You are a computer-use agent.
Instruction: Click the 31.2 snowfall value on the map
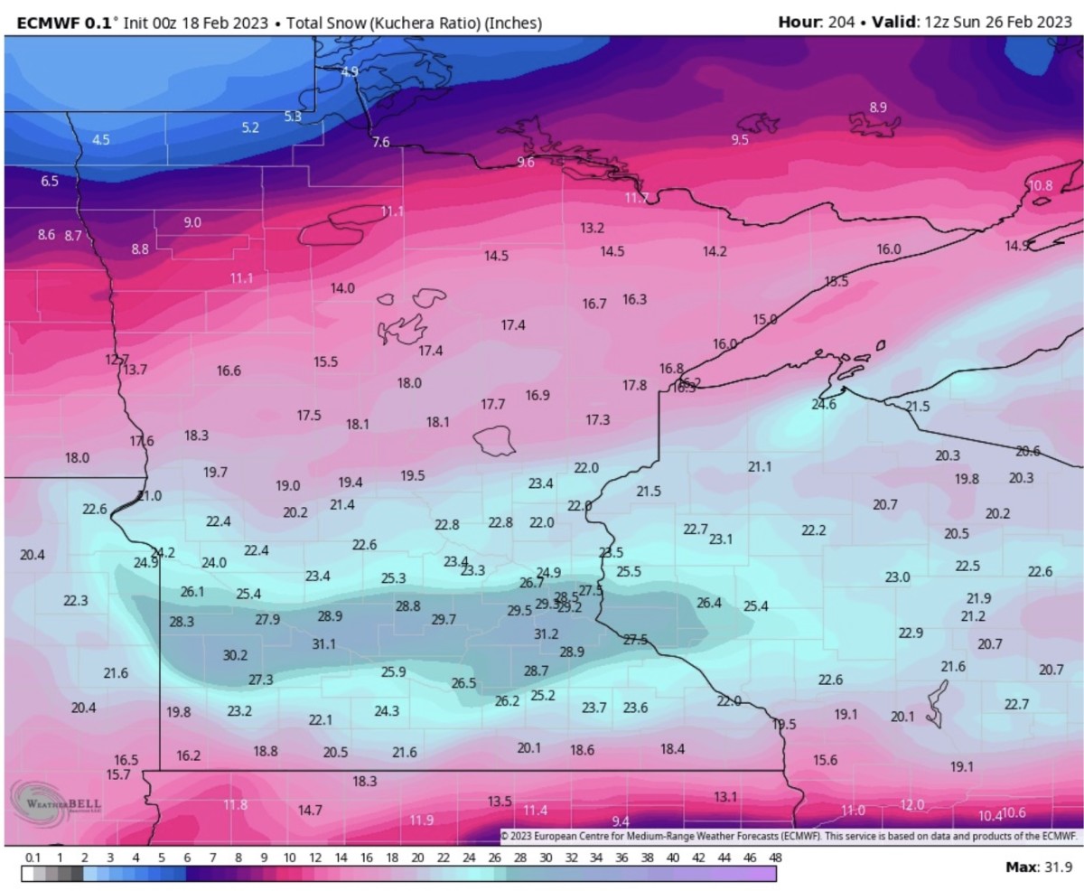pyautogui.click(x=546, y=634)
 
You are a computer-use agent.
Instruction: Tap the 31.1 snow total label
pyautogui.click(x=323, y=644)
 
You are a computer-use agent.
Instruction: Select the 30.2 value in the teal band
pyautogui.click(x=235, y=655)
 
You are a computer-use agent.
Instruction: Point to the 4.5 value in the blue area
pyautogui.click(x=101, y=140)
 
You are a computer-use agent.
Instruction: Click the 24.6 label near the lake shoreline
pyautogui.click(x=823, y=405)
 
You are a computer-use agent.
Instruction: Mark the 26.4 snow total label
pyautogui.click(x=709, y=603)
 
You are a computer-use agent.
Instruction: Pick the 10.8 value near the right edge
pyautogui.click(x=1041, y=185)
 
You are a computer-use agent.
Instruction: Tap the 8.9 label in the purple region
pyautogui.click(x=877, y=108)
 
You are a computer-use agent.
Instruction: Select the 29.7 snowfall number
pyautogui.click(x=444, y=620)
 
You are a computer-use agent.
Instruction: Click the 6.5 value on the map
pyautogui.click(x=50, y=182)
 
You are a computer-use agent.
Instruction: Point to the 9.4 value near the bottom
pyautogui.click(x=621, y=821)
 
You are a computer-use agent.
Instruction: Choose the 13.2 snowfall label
pyautogui.click(x=592, y=228)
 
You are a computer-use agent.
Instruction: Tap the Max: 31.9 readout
pyautogui.click(x=1038, y=868)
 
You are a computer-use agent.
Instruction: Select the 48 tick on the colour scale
pyautogui.click(x=775, y=857)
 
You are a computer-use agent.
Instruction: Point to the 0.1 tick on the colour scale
pyautogui.click(x=33, y=857)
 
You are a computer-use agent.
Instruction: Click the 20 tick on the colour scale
pyautogui.click(x=417, y=857)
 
